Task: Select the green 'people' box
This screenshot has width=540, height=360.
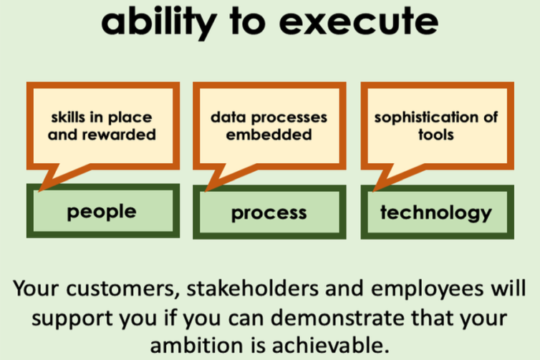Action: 101,212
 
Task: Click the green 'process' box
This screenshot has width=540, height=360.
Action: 269,213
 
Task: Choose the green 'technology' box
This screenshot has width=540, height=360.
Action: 435,212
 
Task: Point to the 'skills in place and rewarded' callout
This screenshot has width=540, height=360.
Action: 101,125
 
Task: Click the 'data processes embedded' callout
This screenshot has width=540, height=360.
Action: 269,125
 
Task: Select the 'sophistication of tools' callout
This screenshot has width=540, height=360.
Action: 435,125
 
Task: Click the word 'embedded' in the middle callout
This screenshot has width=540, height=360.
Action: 269,135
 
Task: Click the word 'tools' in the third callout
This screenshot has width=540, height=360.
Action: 435,135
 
